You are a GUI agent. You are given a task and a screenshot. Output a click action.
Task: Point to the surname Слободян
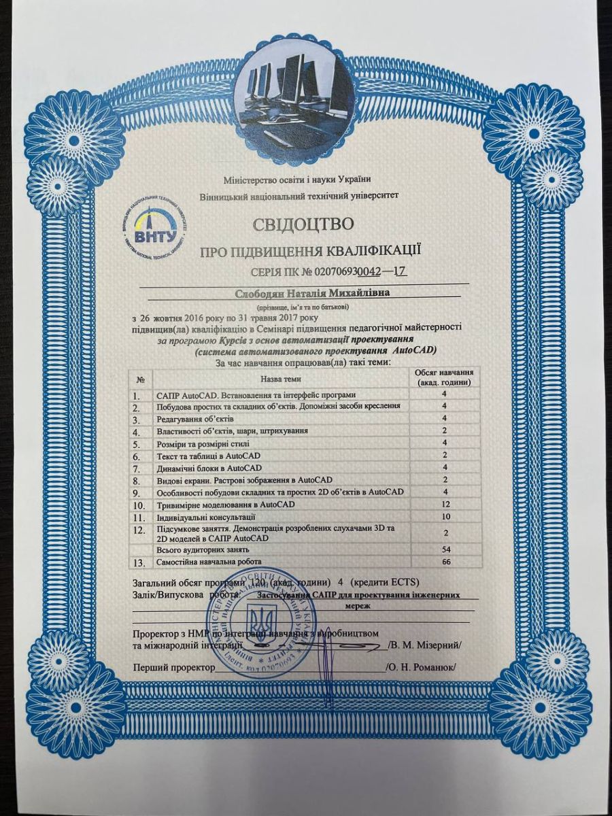pyautogui.click(x=262, y=293)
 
